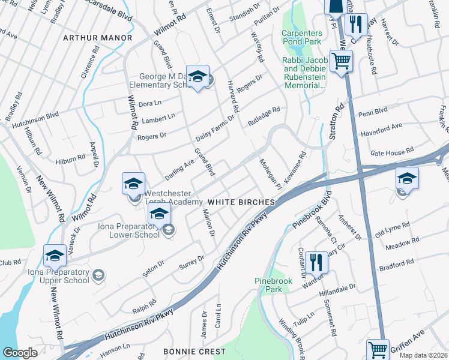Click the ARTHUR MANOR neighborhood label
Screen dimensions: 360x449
point(97,38)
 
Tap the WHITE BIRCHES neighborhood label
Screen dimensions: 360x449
point(241,202)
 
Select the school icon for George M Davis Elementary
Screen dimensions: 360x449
point(197,77)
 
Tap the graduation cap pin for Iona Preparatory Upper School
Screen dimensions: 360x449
point(55,256)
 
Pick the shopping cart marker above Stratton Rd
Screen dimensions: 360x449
point(341,60)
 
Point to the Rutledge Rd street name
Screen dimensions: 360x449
point(264,116)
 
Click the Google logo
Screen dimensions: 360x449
point(20,353)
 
